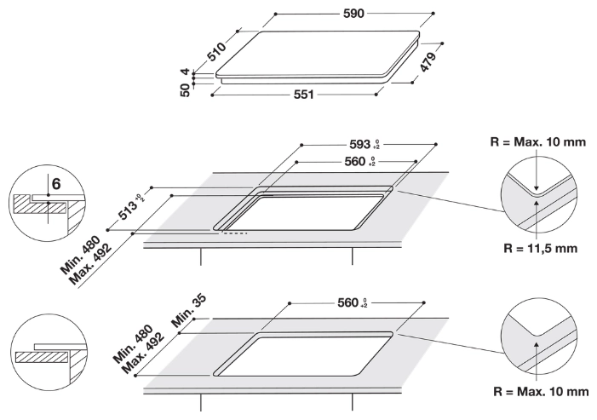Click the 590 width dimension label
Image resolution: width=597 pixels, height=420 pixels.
353,14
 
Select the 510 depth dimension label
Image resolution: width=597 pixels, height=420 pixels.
216,51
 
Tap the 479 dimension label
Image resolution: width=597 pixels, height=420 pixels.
428,62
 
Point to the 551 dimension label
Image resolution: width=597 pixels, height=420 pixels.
303,95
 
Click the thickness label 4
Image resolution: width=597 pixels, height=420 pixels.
185,72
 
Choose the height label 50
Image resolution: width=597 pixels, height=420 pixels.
185,90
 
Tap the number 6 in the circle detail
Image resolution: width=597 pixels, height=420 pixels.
56,184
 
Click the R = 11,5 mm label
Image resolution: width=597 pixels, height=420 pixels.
541,248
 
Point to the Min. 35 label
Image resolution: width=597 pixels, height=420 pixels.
189,311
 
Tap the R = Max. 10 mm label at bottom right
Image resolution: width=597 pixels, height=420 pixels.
541,391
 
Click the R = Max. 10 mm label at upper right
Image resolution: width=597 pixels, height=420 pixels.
538,142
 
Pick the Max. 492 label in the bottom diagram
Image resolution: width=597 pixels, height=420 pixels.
144,354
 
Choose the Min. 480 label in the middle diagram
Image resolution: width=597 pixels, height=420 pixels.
80,255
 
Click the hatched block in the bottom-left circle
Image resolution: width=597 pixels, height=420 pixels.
42,357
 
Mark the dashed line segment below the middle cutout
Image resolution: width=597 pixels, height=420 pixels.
235,233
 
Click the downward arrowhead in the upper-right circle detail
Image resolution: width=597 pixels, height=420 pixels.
537,188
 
